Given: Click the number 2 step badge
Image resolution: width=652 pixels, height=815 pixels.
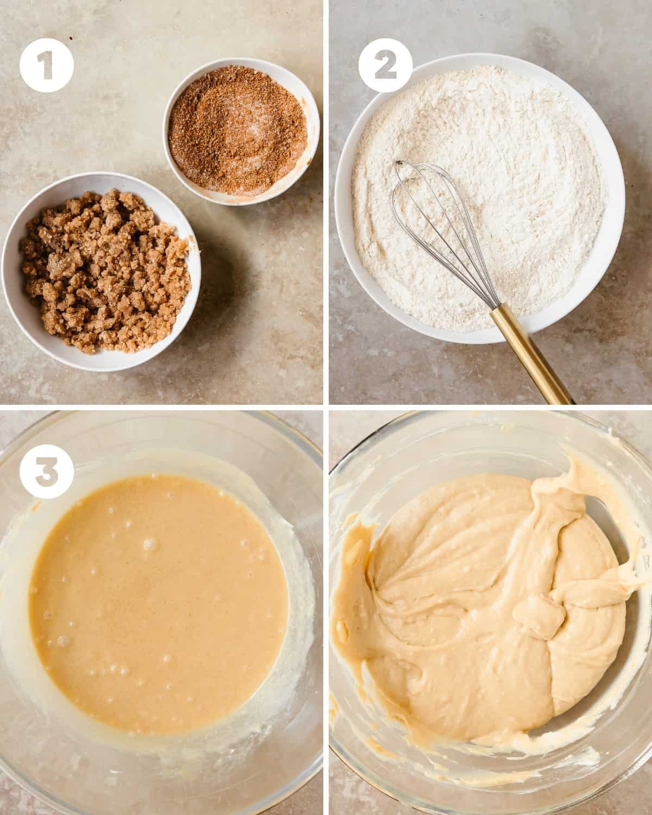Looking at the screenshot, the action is (x=386, y=66).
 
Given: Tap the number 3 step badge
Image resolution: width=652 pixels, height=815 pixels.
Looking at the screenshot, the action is (x=47, y=472).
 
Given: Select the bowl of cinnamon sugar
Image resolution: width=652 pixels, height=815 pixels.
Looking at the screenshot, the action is (x=241, y=131).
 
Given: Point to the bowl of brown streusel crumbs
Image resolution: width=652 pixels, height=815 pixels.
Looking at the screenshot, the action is (x=101, y=271).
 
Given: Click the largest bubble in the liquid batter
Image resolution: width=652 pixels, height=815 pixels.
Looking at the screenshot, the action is (x=150, y=544).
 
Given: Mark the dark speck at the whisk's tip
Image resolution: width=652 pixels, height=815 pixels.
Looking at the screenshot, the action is (x=398, y=163).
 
